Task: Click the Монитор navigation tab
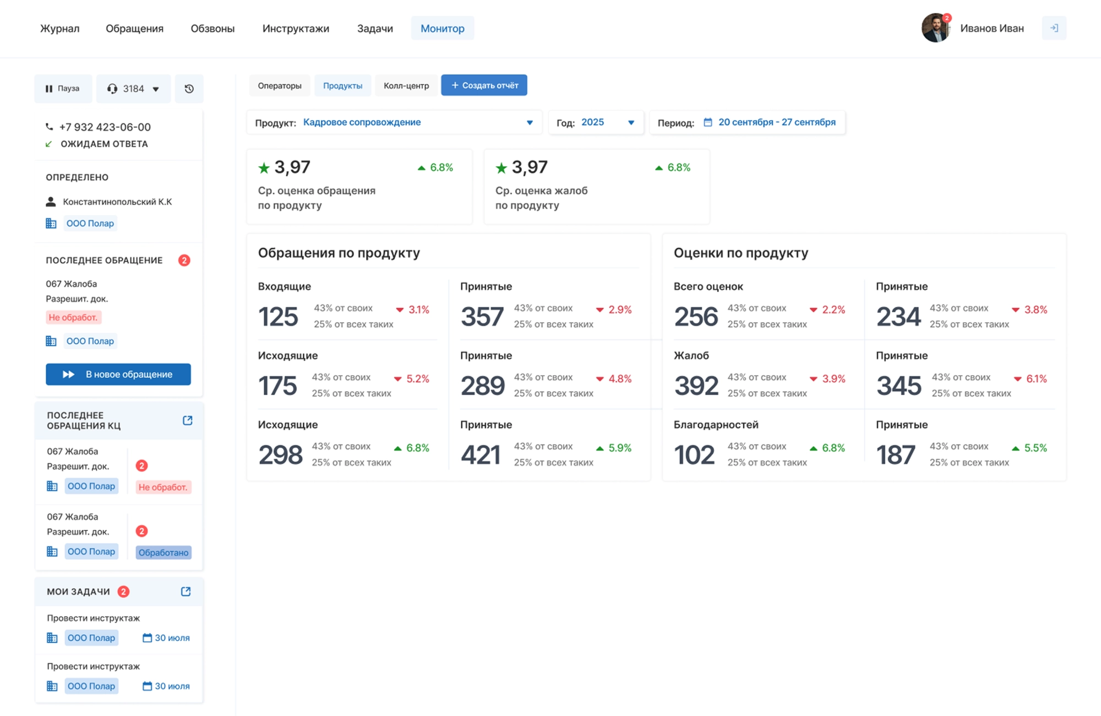point(442,28)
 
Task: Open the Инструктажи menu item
point(296,28)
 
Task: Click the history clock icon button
point(189,89)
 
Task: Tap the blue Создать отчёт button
point(484,85)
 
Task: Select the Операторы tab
point(280,85)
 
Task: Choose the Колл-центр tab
point(406,85)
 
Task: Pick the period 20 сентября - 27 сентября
point(776,122)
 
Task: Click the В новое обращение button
point(118,374)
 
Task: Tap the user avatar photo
point(935,28)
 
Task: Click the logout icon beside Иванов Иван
point(1054,28)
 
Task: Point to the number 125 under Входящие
point(278,317)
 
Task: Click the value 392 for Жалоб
point(696,386)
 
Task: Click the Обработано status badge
point(163,552)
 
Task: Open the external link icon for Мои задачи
point(186,592)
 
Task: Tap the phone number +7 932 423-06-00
point(105,127)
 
